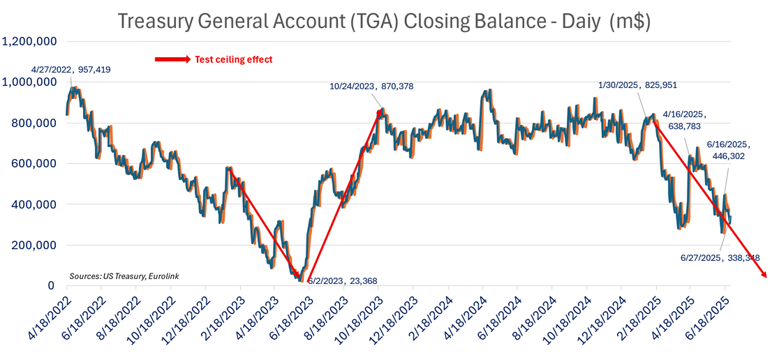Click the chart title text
[x=384, y=22]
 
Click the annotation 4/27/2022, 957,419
[x=71, y=70]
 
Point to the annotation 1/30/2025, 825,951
[x=638, y=85]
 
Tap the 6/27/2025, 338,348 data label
[x=720, y=257]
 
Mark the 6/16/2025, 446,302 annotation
[x=727, y=151]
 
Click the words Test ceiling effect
[x=233, y=59]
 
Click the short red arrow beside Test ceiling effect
[x=172, y=59]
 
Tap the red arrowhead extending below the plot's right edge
[x=764, y=274]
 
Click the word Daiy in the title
[x=574, y=22]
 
